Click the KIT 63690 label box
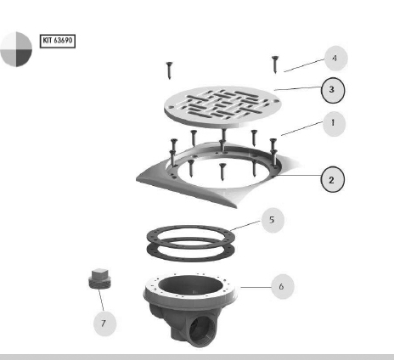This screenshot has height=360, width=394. [58, 41]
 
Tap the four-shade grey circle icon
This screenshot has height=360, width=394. [16, 49]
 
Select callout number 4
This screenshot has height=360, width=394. [335, 59]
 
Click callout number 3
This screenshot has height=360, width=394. [333, 90]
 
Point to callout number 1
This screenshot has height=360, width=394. [334, 124]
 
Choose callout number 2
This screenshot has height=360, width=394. [333, 179]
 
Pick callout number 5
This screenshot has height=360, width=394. [273, 220]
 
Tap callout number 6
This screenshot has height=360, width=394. [283, 286]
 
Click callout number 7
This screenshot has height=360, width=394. [104, 323]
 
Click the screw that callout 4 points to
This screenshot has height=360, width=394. [275, 65]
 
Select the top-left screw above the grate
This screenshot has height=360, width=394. [169, 70]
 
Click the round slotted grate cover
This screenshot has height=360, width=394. [222, 107]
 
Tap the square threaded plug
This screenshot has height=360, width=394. [99, 278]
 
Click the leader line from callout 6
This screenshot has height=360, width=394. [256, 287]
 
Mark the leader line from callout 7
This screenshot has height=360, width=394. [101, 300]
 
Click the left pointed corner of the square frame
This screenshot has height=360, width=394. [137, 179]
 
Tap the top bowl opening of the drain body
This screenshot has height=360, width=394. [190, 285]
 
